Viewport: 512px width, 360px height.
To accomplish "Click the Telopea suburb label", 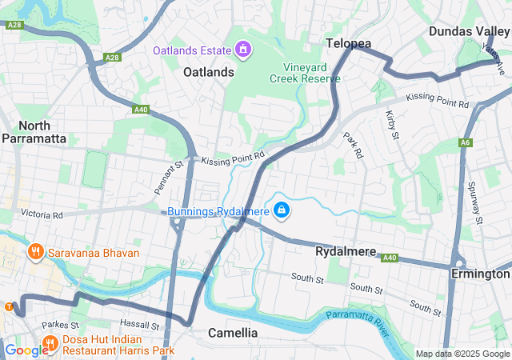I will tap(349, 43).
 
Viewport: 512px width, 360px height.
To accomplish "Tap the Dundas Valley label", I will tap(469, 30).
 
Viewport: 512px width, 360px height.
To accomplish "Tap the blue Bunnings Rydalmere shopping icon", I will tap(282, 211).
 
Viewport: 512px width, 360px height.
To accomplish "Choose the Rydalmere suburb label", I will tap(346, 251).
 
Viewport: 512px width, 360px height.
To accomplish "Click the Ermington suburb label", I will tap(480, 274).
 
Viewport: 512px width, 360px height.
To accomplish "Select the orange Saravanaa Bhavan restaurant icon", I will tap(35, 253).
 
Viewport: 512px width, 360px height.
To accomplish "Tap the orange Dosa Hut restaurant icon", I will tap(50, 344).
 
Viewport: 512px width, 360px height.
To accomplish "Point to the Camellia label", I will tap(233, 332).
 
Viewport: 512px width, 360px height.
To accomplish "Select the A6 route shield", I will tap(464, 142).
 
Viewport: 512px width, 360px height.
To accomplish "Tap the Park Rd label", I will tap(352, 145).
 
